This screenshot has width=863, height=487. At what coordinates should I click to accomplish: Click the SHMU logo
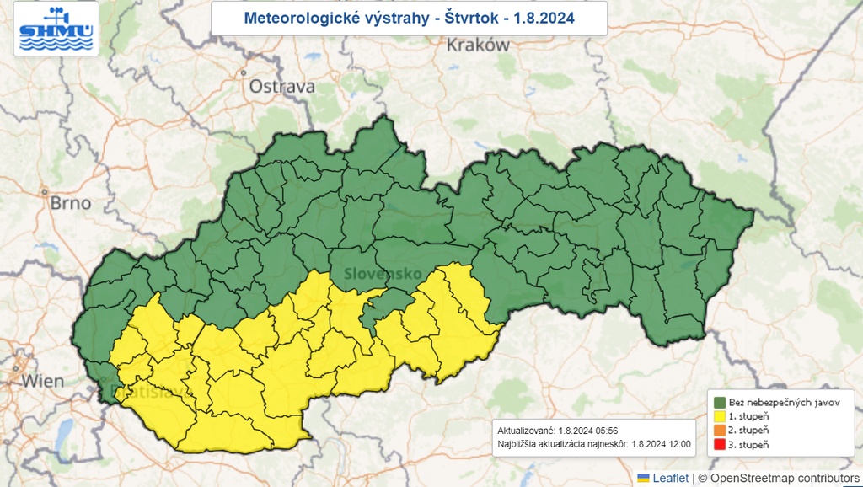point(56,29)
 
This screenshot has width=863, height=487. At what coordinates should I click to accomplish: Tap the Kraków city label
point(478,45)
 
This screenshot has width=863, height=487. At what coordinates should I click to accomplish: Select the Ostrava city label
point(281,86)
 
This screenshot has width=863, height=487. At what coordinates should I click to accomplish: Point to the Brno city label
point(70,203)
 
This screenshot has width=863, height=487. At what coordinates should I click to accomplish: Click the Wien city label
point(42,381)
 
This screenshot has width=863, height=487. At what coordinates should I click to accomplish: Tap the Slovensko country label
point(383,274)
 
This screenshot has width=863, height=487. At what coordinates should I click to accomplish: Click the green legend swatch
point(721,402)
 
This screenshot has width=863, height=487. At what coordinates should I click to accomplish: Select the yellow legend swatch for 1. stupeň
point(721,415)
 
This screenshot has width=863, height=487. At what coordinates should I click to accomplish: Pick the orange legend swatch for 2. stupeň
point(721,430)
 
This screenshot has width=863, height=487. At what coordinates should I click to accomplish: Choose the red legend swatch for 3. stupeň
point(721,444)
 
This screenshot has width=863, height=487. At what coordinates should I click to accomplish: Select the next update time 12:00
point(678,443)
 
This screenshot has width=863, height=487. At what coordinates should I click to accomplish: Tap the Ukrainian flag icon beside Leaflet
point(643,479)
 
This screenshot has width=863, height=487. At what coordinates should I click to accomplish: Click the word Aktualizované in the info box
point(525,429)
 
